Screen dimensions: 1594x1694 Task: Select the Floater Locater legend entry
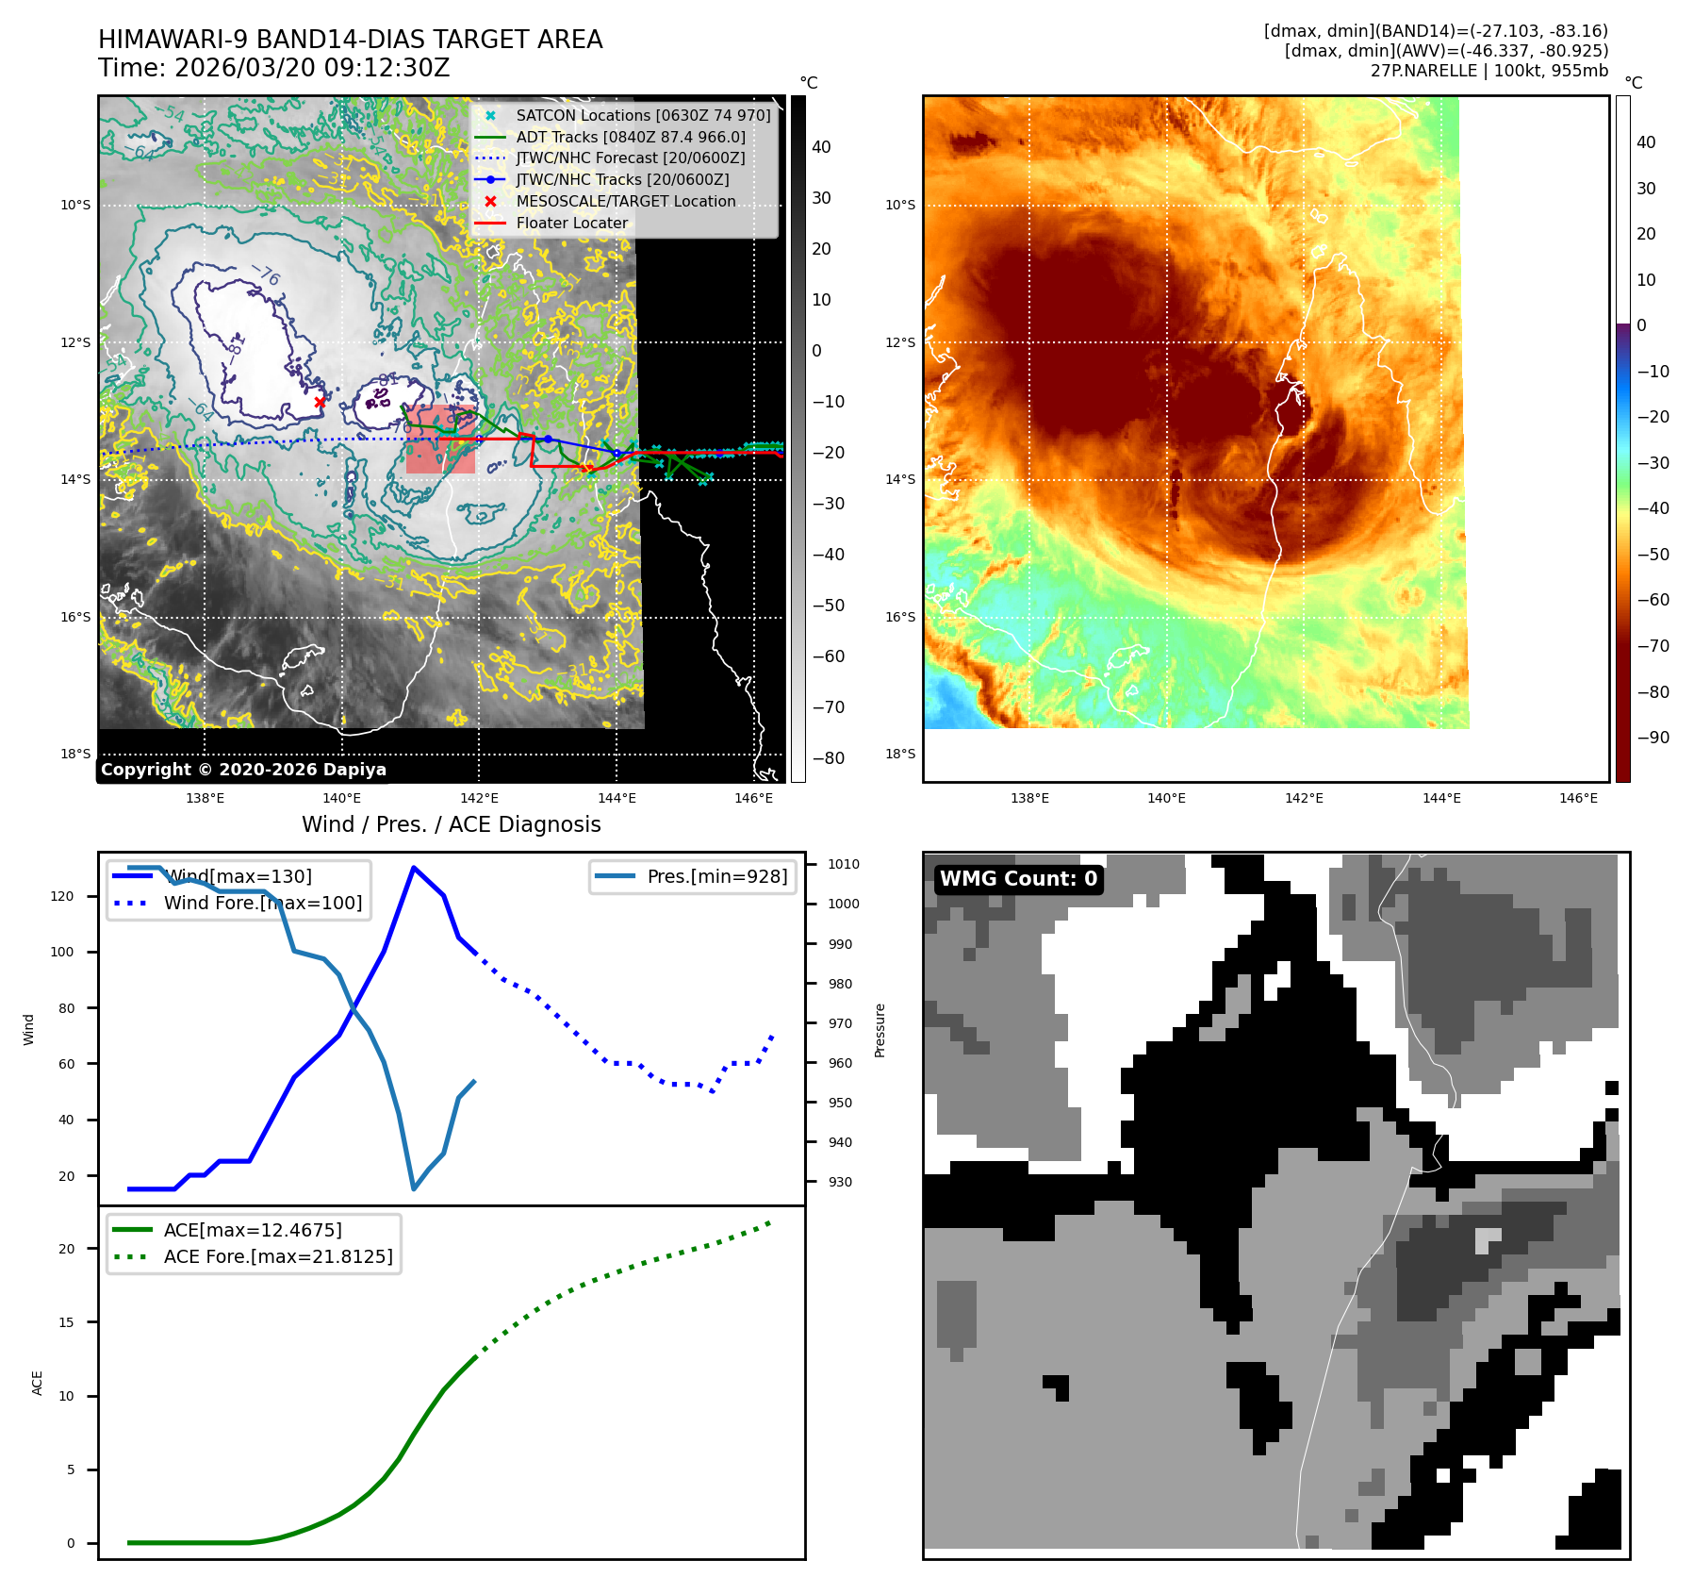tap(571, 224)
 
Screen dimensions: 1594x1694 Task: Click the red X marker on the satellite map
tap(320, 402)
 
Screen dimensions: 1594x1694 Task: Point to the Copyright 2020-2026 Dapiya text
tap(243, 770)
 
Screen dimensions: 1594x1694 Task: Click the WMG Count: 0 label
tap(1018, 879)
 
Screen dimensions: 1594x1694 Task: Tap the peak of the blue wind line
tap(413, 867)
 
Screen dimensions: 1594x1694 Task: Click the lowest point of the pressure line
tap(414, 1188)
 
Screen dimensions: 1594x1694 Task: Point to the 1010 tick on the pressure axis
tap(843, 864)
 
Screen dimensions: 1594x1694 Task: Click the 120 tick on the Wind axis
tap(62, 896)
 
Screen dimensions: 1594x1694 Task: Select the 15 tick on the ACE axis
tap(66, 1322)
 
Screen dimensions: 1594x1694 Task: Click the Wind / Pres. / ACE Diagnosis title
tap(451, 825)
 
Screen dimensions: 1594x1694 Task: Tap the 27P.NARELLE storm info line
tap(1488, 71)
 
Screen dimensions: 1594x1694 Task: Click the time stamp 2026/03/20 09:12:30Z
tap(311, 69)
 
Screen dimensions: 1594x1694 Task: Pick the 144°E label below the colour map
tap(1441, 798)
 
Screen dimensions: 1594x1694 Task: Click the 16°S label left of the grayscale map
tap(75, 617)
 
